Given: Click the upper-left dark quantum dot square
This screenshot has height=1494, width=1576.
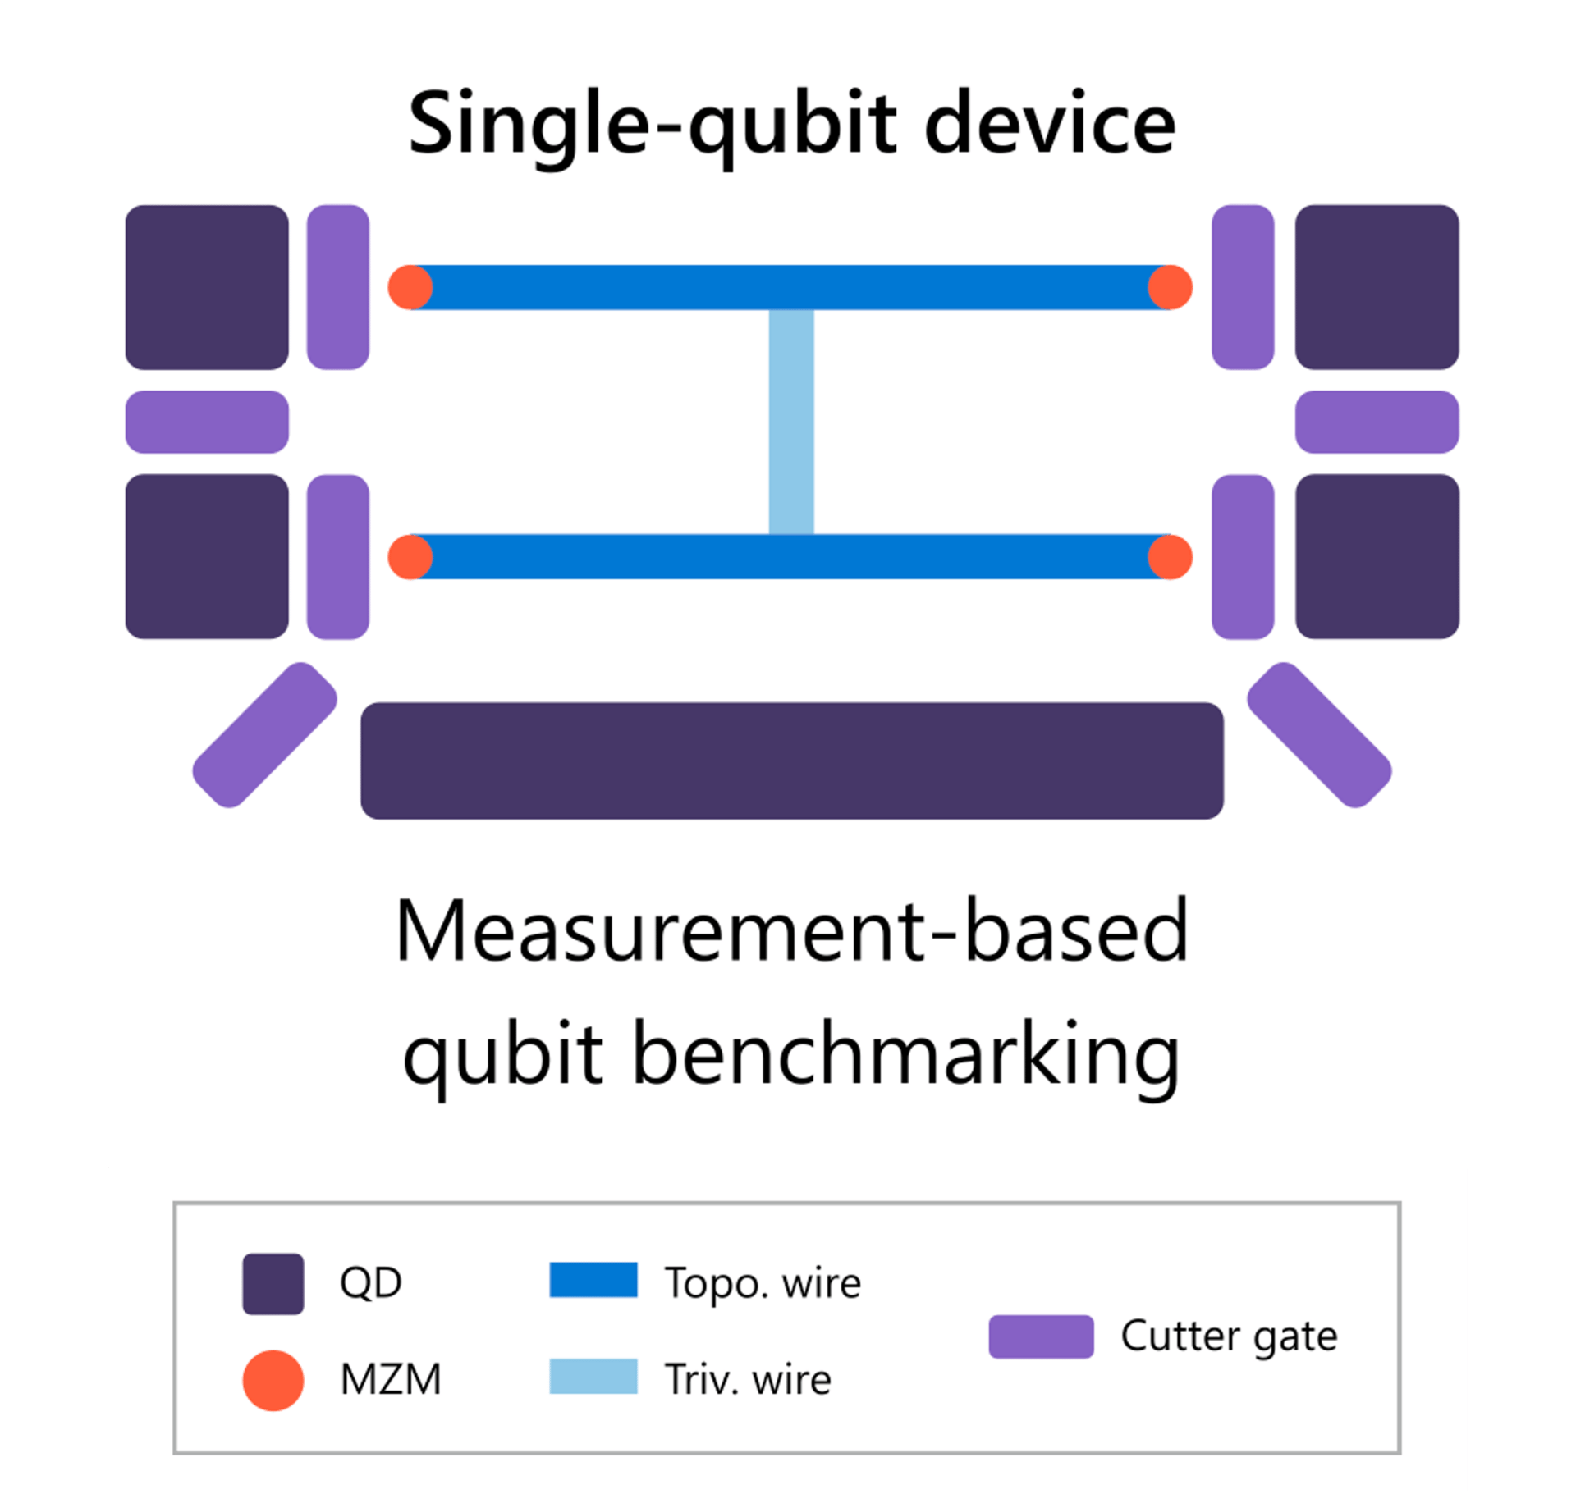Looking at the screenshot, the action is click(x=207, y=287).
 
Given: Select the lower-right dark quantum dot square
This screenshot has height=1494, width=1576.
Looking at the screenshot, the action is click(x=1377, y=556).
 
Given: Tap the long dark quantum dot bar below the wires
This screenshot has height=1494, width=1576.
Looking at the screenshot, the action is click(x=791, y=761).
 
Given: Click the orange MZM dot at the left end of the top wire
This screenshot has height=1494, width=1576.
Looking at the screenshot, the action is click(x=410, y=287).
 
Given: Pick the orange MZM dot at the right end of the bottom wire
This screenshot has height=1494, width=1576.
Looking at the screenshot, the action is click(x=1170, y=557).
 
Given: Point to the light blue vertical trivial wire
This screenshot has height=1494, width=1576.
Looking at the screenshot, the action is click(x=791, y=422).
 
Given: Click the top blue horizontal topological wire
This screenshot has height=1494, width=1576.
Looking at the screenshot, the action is click(x=790, y=287).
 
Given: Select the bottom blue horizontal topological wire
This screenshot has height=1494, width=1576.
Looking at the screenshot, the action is click(x=790, y=557).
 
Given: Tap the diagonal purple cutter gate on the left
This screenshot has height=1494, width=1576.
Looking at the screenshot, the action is click(x=264, y=735).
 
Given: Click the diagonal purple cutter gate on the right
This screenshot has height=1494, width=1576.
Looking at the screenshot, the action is click(x=1319, y=735).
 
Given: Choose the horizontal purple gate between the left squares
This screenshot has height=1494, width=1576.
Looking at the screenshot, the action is click(x=207, y=422).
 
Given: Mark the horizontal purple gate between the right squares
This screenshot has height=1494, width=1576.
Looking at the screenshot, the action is click(x=1377, y=422).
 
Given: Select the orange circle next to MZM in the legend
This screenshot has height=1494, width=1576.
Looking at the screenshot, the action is click(x=273, y=1381).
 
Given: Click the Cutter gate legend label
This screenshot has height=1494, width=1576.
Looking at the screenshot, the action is click(x=1229, y=1336).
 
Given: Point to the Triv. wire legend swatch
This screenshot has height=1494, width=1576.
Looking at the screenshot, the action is click(x=593, y=1376).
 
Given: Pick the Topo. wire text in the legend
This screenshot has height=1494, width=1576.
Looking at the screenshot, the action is click(x=763, y=1283).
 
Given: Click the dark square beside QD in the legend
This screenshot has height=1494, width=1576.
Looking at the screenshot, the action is click(x=273, y=1284).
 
